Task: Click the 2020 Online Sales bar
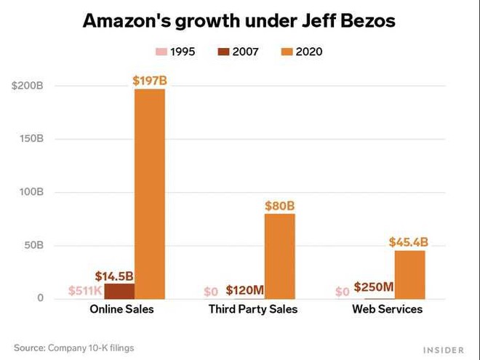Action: [x=150, y=193]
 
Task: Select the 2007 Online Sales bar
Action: [x=119, y=291]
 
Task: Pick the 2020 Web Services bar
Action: [x=410, y=274]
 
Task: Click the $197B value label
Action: [x=150, y=80]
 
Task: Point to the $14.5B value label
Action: [x=114, y=276]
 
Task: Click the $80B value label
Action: [x=280, y=205]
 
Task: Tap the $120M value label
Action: [x=244, y=291]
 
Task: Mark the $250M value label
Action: [x=374, y=287]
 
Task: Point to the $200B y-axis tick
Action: [x=28, y=86]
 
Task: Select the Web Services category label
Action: [x=387, y=309]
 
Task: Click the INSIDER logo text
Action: [x=443, y=350]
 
